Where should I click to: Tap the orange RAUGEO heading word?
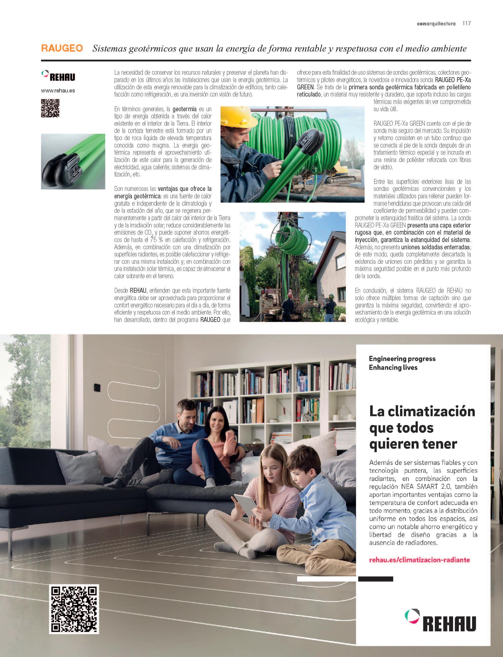(x=62, y=48)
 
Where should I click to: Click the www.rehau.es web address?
(x=58, y=91)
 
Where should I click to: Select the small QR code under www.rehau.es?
(x=50, y=108)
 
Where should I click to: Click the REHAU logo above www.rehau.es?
(x=58, y=76)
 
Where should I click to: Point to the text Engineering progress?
(x=402, y=359)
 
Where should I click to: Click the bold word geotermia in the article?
(x=184, y=109)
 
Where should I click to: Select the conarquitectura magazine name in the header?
(x=436, y=24)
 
